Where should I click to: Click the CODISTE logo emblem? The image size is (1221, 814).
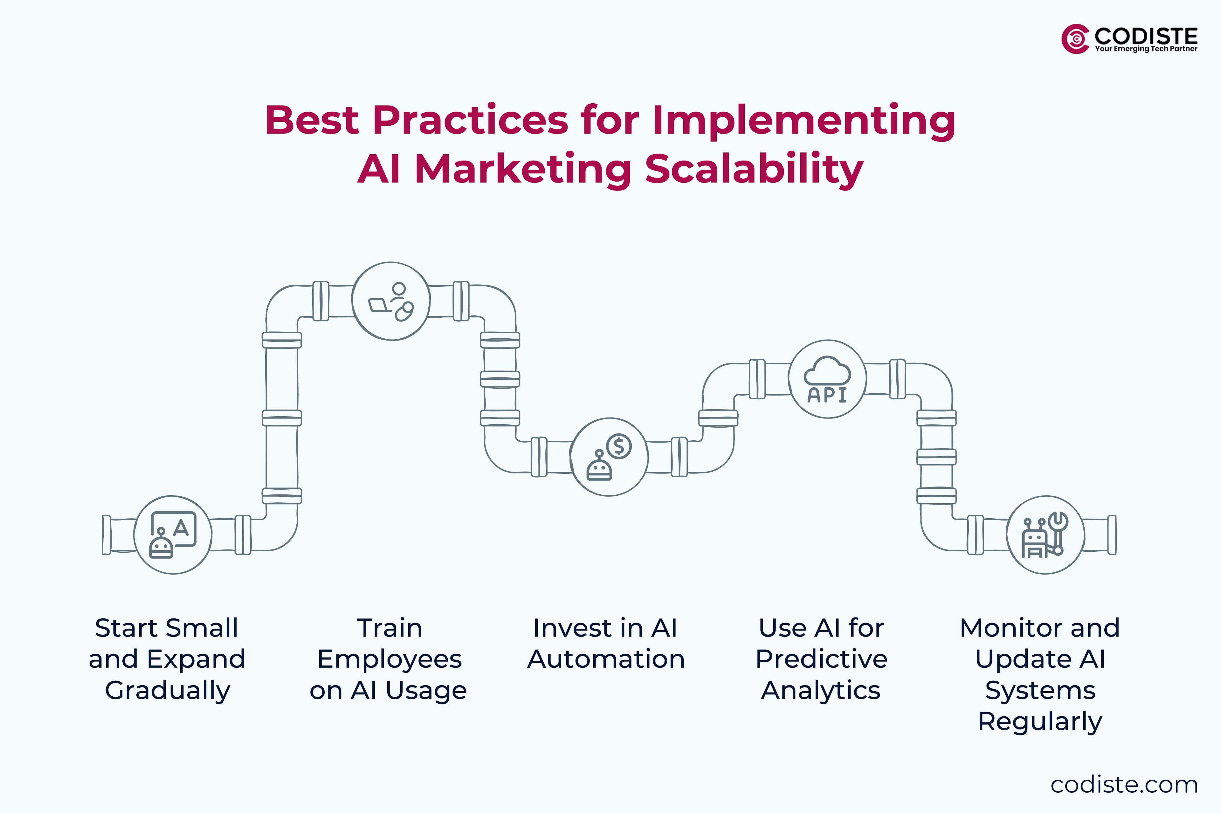[1075, 39]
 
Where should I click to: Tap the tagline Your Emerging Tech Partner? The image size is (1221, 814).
[1146, 49]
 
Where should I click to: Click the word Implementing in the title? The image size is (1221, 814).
[803, 121]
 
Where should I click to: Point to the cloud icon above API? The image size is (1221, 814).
[827, 371]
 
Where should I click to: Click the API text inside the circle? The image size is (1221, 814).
[827, 396]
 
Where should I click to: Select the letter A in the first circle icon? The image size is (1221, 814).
[181, 528]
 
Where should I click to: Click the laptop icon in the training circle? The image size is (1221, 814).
[379, 305]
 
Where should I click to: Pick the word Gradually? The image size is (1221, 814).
[167, 690]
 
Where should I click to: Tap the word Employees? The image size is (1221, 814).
[389, 659]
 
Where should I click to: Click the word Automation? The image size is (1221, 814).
[606, 659]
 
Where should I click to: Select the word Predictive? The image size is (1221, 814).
[821, 659]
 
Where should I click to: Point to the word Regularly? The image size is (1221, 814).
[1040, 721]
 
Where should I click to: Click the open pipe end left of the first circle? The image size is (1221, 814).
[107, 535]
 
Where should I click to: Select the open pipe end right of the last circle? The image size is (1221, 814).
[1112, 535]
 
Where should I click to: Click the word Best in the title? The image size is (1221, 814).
[312, 121]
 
